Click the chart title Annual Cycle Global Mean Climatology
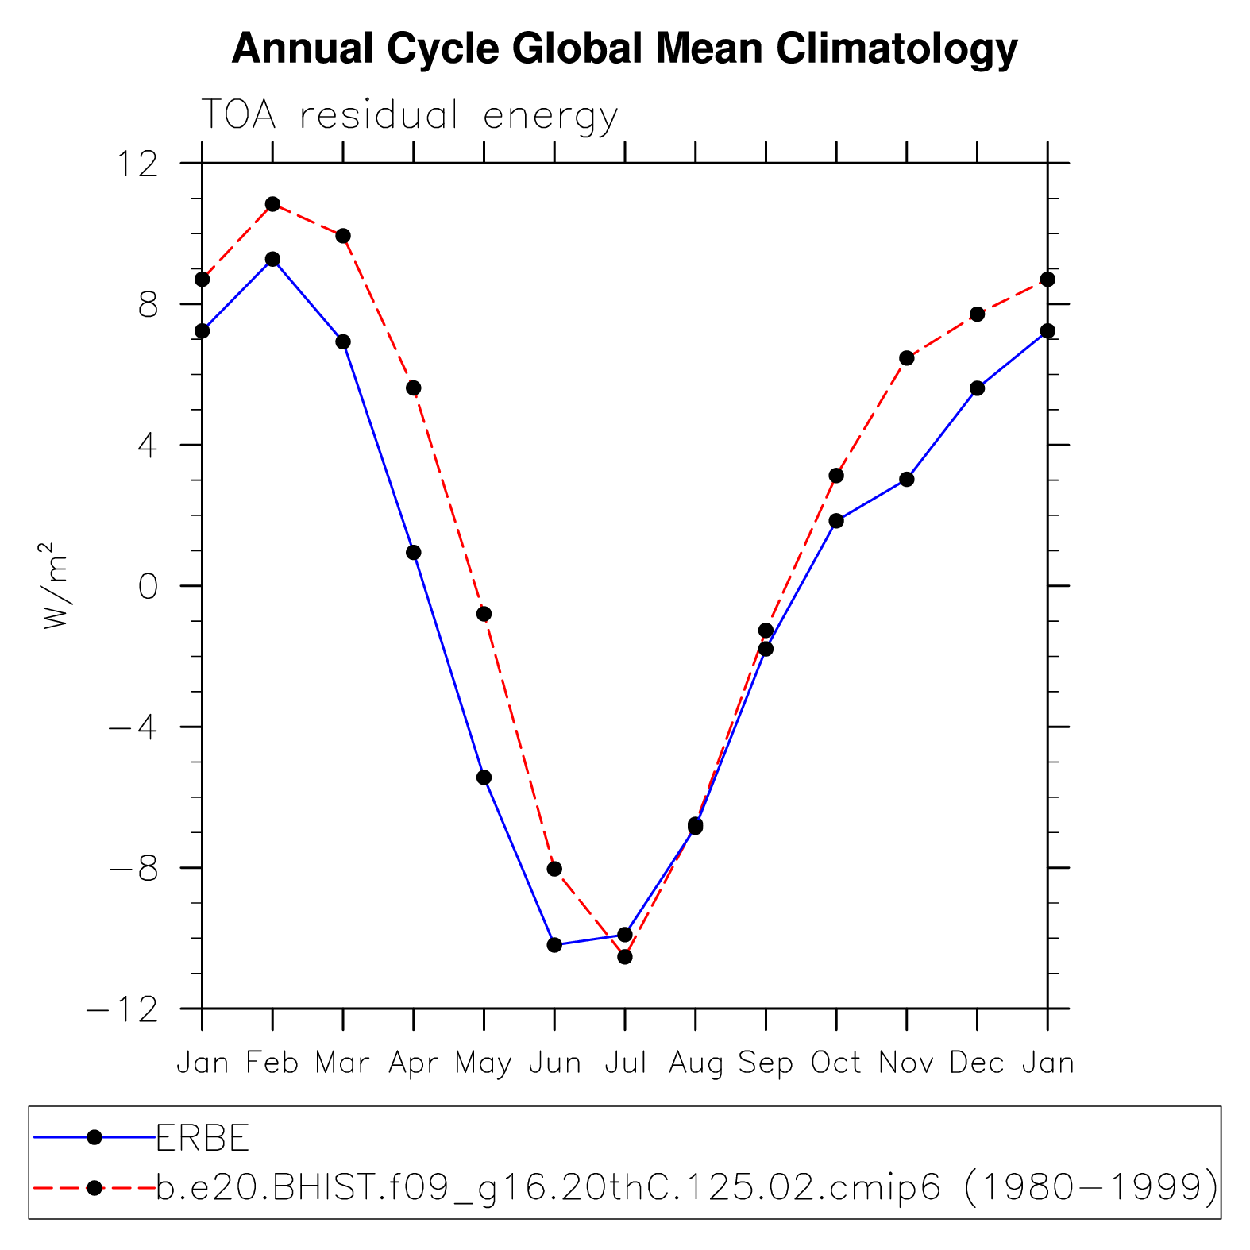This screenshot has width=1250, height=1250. pyautogui.click(x=624, y=49)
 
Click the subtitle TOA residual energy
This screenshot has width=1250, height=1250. pyautogui.click(x=409, y=116)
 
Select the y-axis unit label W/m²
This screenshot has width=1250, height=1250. pyautogui.click(x=56, y=586)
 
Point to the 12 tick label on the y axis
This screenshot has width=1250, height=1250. pyautogui.click(x=137, y=164)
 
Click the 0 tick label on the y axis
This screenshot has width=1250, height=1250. pyautogui.click(x=148, y=588)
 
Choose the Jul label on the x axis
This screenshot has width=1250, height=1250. pyautogui.click(x=625, y=1063)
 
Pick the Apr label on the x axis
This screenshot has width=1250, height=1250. pyautogui.click(x=413, y=1063)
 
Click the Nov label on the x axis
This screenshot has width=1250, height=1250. pyautogui.click(x=906, y=1063)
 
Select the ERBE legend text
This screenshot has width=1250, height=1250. pyautogui.click(x=203, y=1139)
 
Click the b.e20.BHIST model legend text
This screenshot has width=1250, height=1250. pyautogui.click(x=686, y=1188)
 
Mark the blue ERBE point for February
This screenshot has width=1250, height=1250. pyautogui.click(x=272, y=259)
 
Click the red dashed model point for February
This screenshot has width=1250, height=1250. pyautogui.click(x=272, y=204)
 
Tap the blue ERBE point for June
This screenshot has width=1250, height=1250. pyautogui.click(x=554, y=945)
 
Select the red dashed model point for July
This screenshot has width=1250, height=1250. pyautogui.click(x=625, y=957)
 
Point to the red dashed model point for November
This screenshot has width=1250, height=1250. pyautogui.click(x=907, y=358)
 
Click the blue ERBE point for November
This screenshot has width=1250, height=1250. pyautogui.click(x=907, y=480)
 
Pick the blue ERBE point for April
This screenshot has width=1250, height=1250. pyautogui.click(x=414, y=553)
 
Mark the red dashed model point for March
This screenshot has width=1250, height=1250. pyautogui.click(x=343, y=236)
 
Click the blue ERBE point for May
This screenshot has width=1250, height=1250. pyautogui.click(x=484, y=777)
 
